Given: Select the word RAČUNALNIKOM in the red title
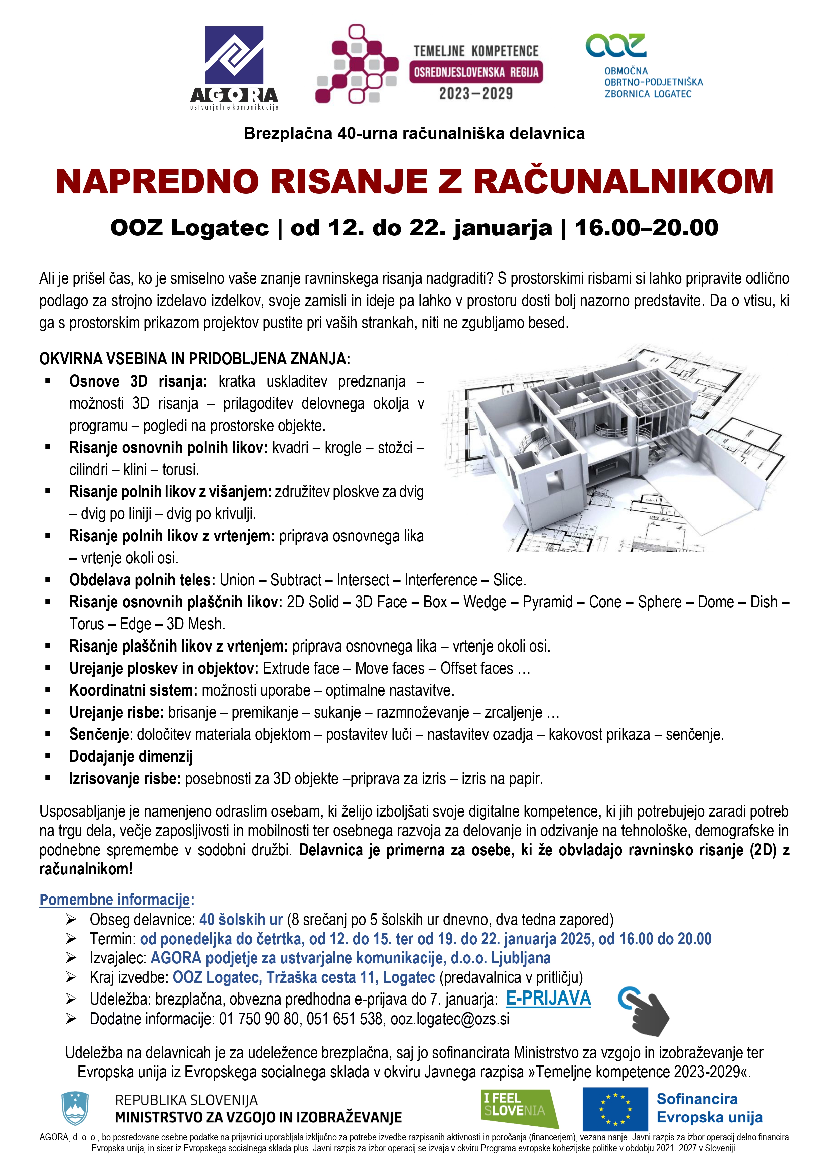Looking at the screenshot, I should [x=623, y=182].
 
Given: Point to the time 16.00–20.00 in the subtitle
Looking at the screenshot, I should [x=647, y=228].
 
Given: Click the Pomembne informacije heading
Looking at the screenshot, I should [x=115, y=899].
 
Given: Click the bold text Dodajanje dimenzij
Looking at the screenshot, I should [x=131, y=756].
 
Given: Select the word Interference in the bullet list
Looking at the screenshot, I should [x=441, y=580].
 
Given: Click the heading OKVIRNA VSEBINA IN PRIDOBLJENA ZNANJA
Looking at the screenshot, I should [x=194, y=359].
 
